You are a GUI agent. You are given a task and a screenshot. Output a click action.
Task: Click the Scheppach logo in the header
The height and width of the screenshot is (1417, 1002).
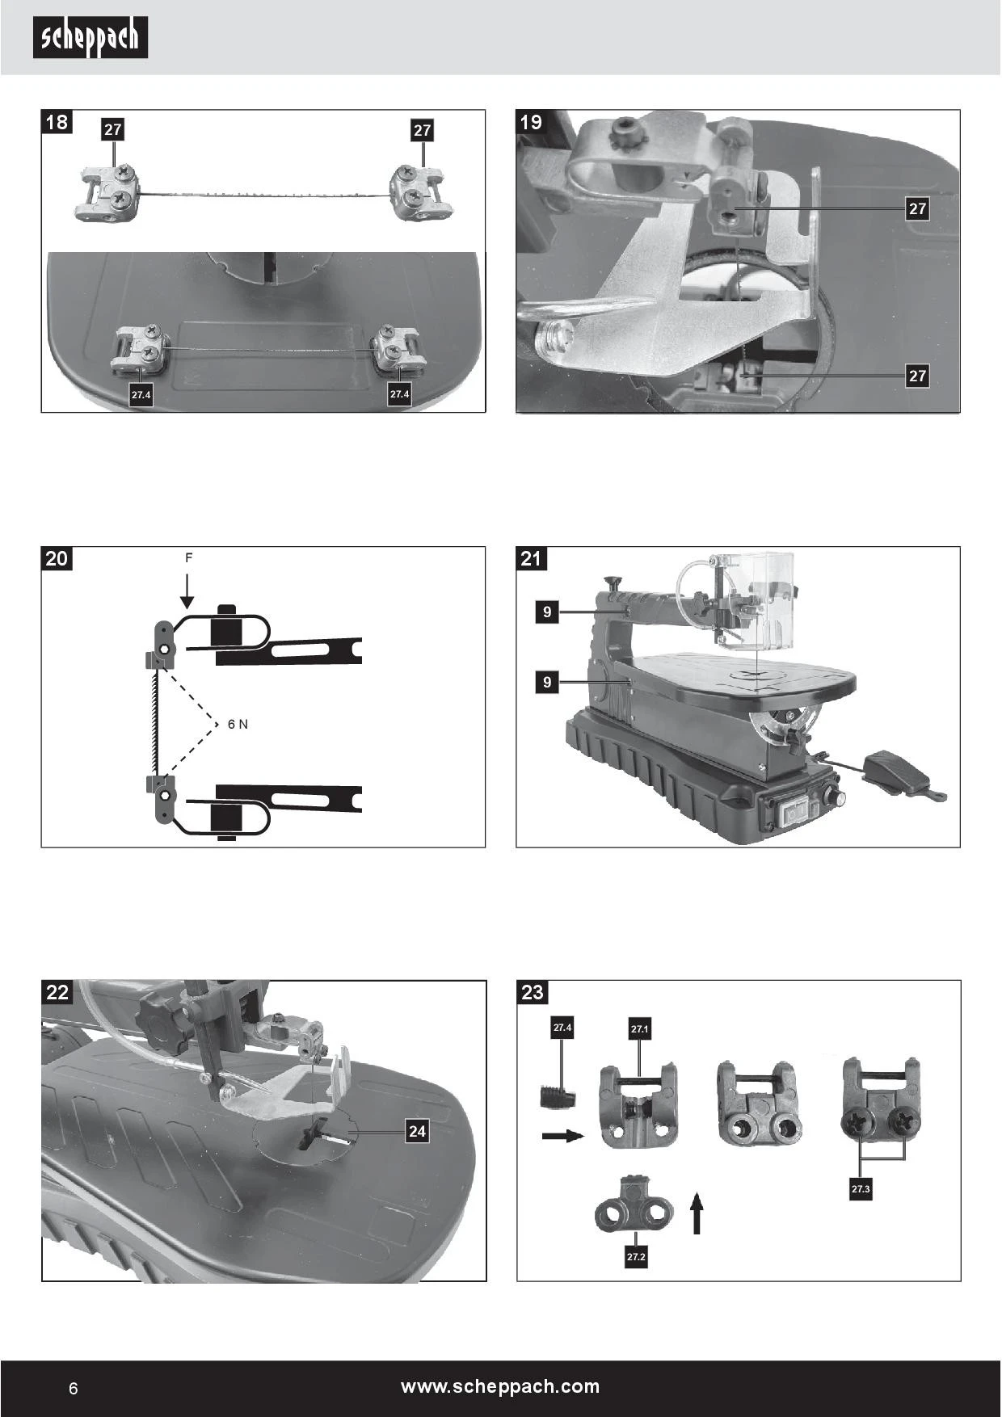point(91,38)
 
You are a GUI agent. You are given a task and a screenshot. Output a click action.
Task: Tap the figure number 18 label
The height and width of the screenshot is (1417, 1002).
point(57,123)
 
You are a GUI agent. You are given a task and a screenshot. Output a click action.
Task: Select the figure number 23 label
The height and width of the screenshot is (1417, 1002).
point(532,992)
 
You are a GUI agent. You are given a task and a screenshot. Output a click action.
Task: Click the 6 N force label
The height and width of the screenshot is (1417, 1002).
point(238,724)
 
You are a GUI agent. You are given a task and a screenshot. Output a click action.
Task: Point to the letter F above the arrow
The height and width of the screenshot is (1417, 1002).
point(188,558)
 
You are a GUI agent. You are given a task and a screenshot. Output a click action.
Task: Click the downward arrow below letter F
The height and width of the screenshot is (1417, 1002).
point(187,591)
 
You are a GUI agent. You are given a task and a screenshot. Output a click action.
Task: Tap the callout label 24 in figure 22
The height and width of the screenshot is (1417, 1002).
point(417,1131)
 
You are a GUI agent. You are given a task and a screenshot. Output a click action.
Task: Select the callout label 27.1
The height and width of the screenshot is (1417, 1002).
point(639,1029)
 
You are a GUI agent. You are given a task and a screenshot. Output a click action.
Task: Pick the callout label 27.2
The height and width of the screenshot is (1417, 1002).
point(636,1257)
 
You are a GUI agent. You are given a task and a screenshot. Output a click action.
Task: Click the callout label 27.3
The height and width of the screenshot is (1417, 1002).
point(861,1189)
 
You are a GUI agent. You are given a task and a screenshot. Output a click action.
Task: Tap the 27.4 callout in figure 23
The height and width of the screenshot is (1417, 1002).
point(562,1028)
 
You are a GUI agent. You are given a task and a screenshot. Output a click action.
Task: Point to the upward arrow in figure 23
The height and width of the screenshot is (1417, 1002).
point(697,1214)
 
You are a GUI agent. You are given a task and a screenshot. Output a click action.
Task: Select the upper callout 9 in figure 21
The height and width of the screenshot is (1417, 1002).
point(547,612)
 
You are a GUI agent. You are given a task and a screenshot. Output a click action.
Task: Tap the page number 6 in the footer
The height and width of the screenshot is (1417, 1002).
point(74,1388)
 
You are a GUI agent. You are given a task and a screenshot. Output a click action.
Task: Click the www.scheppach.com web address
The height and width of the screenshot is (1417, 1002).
point(500,1386)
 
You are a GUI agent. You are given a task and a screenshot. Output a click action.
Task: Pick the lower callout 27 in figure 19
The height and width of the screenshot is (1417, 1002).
point(917,376)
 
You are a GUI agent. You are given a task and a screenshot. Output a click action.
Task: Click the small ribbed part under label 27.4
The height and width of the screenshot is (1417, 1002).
point(558,1098)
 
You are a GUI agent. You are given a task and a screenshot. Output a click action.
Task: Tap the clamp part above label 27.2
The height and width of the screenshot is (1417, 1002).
point(634,1209)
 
